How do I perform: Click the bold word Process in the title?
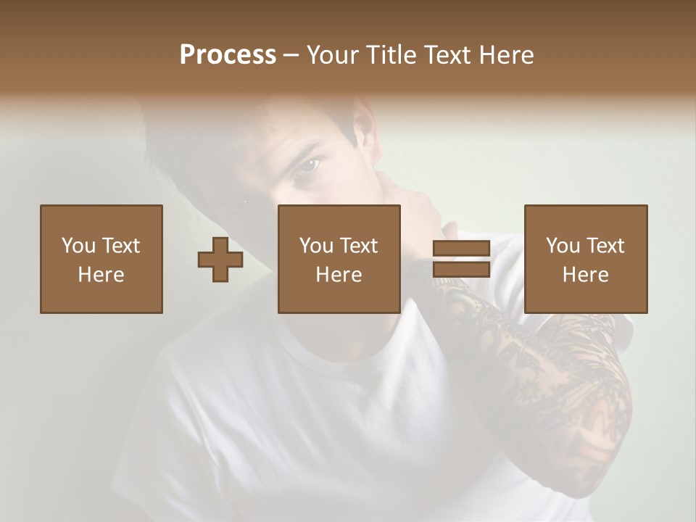(x=228, y=55)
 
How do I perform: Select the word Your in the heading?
(x=332, y=55)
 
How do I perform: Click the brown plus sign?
(x=220, y=260)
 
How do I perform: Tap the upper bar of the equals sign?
(x=461, y=249)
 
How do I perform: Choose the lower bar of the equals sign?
(x=461, y=269)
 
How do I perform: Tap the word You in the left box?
(x=78, y=246)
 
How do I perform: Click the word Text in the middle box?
(x=359, y=246)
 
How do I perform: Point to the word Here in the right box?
(x=585, y=275)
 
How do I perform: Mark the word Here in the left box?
(x=101, y=275)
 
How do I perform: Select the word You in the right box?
(x=563, y=246)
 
